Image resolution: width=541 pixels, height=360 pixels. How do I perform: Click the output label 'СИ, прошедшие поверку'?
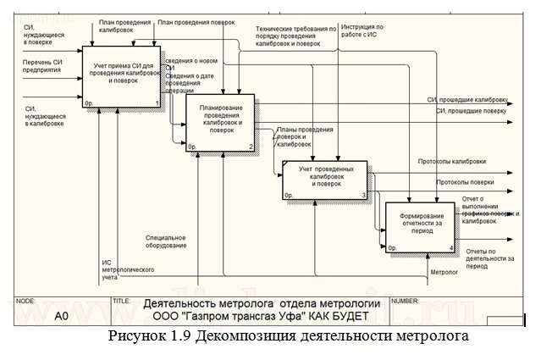tap(469, 111)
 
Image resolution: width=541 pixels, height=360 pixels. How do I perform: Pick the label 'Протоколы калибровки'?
tap(451, 161)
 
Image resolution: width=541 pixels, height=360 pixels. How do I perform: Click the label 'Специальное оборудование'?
tap(165, 241)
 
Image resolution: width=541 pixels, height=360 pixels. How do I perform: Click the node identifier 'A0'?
tap(62, 316)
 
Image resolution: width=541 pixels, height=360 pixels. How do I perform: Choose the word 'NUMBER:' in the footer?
tap(409, 301)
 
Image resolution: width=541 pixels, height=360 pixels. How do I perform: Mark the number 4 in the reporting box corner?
tap(450, 248)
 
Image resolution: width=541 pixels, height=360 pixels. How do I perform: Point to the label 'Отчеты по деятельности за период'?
tap(488, 258)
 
